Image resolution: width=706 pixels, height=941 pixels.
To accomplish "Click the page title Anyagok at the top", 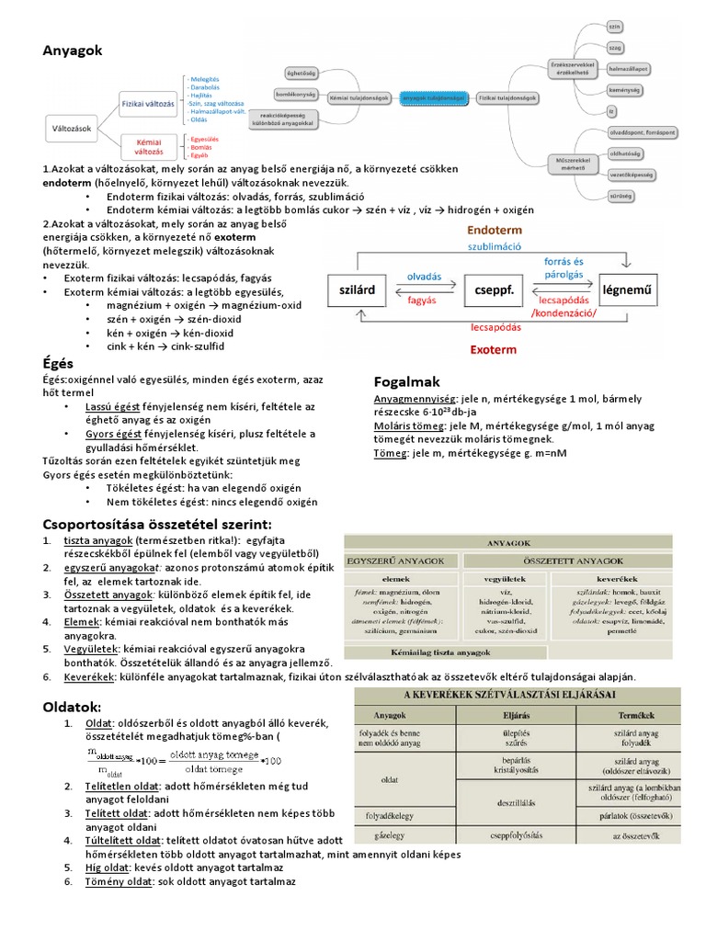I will (73, 50).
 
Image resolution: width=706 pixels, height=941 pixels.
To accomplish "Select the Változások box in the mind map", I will (73, 129).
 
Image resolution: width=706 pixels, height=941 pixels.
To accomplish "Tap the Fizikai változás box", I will (148, 105).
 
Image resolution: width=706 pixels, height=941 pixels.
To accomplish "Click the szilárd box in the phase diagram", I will (358, 289).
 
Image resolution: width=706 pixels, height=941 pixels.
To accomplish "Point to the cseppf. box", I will (492, 289).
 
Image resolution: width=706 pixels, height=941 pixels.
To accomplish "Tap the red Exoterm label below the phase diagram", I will (493, 350).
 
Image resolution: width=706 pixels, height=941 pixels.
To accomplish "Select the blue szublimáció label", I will (495, 246).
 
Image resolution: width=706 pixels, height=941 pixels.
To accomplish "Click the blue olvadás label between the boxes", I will (424, 277).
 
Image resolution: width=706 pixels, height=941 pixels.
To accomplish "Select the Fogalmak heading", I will (407, 380).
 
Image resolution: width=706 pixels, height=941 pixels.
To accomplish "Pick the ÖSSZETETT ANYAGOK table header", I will (573, 561).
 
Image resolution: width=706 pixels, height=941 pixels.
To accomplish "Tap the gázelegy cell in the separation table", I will (388, 837).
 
